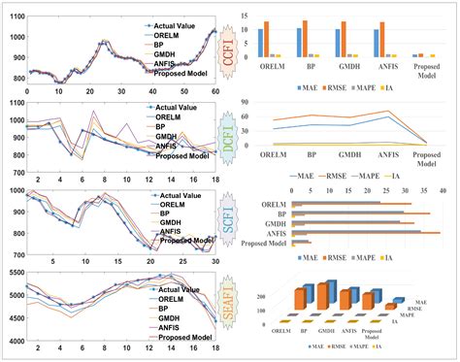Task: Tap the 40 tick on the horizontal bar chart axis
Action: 443,192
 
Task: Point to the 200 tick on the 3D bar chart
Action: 259,292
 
